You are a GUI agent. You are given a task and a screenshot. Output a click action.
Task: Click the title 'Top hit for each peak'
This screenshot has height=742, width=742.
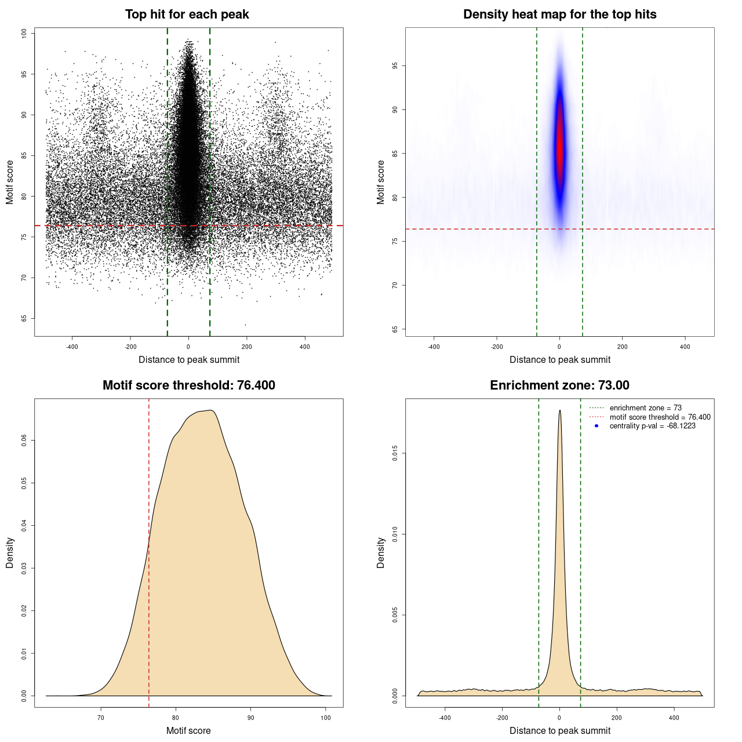coord(187,14)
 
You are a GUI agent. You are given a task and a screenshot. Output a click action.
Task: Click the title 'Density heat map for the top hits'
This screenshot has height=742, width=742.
coord(559,14)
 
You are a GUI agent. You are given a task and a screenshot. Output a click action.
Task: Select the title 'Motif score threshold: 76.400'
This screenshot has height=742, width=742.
coord(188,385)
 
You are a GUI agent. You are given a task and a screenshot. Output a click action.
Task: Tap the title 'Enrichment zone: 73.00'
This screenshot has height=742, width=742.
coord(559,385)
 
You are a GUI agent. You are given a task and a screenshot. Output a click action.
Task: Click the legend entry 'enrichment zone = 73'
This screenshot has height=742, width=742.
coord(645,408)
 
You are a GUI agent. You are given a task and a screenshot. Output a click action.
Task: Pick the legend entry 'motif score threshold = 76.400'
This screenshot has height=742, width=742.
coord(660,417)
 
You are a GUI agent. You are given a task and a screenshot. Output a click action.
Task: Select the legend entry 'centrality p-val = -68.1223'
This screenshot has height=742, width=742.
coord(652,426)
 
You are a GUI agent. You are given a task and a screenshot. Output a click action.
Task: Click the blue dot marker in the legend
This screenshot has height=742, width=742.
coord(596,426)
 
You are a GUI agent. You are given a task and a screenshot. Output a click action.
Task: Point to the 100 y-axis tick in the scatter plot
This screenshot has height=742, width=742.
coord(24,34)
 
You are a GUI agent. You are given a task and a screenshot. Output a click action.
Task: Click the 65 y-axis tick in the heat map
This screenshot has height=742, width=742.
coord(395,329)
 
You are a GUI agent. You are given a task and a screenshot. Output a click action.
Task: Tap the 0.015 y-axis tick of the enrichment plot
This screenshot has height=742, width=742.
coord(395,453)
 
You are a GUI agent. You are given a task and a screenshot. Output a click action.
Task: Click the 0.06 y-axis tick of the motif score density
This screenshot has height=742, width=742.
coord(24,441)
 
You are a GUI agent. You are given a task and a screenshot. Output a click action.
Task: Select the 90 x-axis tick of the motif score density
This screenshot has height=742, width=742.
coord(250,718)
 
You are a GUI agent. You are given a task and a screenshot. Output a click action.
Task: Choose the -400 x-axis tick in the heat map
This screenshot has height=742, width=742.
coord(434,347)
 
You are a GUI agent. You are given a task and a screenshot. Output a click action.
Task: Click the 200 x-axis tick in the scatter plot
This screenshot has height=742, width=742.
coord(246,347)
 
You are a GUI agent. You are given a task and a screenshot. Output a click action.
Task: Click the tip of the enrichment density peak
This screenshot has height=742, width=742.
coord(559,411)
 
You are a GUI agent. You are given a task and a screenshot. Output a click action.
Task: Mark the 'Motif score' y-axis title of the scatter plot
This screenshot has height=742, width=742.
coord(10,182)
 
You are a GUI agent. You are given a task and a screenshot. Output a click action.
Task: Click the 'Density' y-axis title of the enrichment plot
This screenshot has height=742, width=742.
coord(381,552)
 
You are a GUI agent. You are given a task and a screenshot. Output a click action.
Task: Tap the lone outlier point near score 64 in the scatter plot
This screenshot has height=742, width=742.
coord(245,325)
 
